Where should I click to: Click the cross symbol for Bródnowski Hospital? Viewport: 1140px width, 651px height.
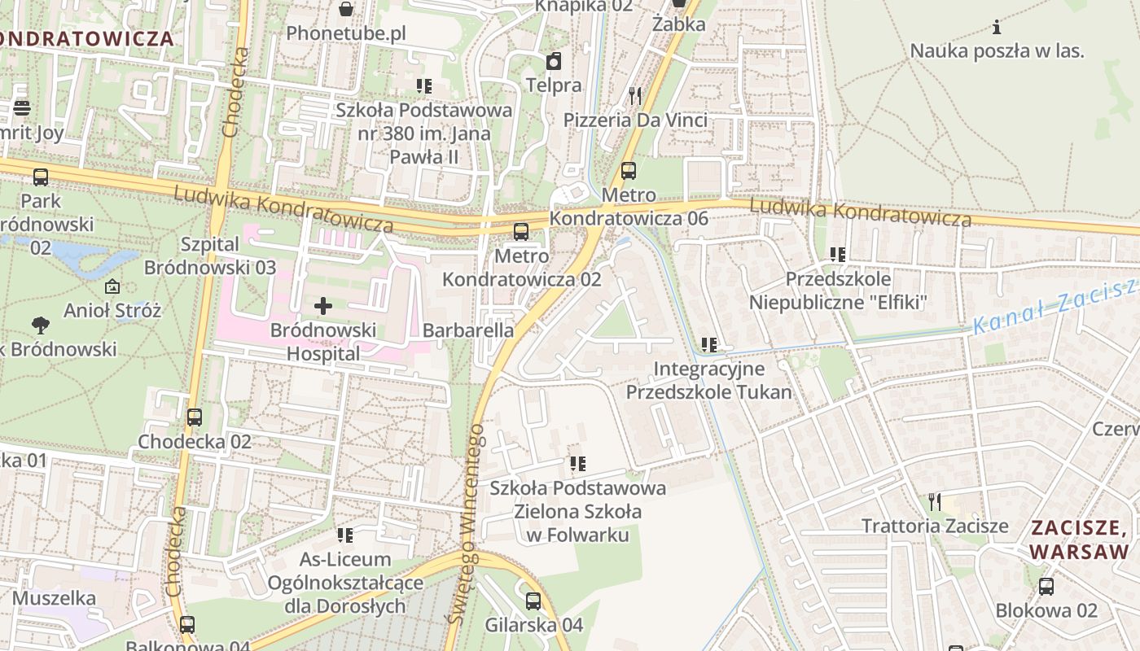pos(323,306)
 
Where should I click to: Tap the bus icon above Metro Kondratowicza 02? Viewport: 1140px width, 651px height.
pos(521,232)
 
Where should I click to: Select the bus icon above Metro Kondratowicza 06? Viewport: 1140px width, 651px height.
pos(628,171)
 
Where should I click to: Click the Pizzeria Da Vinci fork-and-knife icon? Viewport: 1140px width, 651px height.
pos(635,96)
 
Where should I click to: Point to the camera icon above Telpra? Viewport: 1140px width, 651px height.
pos(554,61)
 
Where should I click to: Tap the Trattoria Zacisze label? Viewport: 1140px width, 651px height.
pos(935,526)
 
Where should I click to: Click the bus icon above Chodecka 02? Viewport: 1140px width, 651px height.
pos(194,417)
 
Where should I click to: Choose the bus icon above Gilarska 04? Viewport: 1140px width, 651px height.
pos(533,601)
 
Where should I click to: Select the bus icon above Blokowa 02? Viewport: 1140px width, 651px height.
pos(1046,586)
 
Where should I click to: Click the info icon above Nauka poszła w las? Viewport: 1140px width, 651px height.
pos(997,27)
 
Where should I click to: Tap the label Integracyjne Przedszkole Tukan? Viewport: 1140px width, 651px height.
pos(708,380)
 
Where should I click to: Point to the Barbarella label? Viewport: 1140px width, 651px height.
pos(468,330)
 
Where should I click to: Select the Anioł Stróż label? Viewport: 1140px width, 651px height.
pos(112,310)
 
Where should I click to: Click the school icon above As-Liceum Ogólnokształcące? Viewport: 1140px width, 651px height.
pos(345,535)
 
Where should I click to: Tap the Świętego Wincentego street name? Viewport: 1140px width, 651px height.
pos(466,525)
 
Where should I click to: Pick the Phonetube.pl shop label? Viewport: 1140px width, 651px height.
pos(345,34)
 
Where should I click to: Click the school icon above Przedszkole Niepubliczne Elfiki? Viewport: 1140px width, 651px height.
pos(838,255)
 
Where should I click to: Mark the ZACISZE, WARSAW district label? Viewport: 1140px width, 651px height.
pos(1080,540)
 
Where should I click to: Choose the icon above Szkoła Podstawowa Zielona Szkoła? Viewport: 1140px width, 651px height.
pos(578,464)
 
